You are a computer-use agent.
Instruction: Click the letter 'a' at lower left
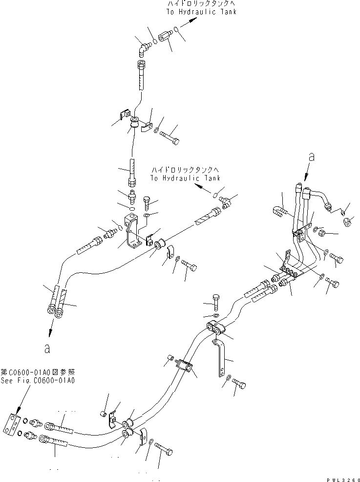coord(47,349)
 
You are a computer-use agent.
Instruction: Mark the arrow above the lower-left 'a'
coord(50,330)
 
